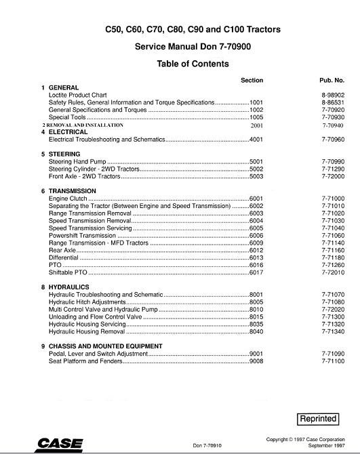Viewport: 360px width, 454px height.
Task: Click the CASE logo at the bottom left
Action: (x=59, y=444)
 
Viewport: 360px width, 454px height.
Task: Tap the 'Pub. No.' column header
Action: (x=332, y=80)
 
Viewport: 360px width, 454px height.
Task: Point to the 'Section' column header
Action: (x=252, y=80)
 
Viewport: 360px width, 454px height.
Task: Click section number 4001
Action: (x=256, y=139)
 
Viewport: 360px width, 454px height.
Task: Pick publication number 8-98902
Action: (x=332, y=95)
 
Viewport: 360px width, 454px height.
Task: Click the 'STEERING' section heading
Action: (x=64, y=154)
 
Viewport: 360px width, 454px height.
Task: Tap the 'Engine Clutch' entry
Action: (x=69, y=199)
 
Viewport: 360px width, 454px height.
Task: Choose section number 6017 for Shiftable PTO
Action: (x=256, y=272)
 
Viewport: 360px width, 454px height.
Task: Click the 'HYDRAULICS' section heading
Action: (x=68, y=287)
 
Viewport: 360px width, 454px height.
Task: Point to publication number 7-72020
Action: (x=332, y=310)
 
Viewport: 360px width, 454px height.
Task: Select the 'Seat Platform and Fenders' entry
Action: (x=85, y=361)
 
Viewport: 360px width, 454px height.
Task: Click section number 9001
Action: (x=256, y=354)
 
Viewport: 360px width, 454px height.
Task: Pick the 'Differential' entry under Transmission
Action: (x=64, y=257)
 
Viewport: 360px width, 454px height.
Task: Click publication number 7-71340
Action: (x=332, y=332)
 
